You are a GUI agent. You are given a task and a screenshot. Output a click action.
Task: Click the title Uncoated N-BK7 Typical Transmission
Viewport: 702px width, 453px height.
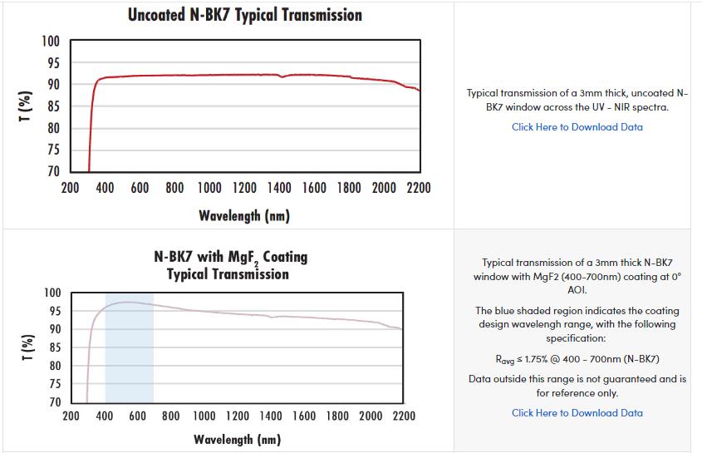click(244, 15)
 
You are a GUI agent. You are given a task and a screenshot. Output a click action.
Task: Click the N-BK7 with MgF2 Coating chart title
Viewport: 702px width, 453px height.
click(230, 264)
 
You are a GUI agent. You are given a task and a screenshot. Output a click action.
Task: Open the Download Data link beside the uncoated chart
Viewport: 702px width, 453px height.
click(577, 127)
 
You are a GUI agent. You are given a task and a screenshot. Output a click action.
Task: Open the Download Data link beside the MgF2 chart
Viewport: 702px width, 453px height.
click(577, 413)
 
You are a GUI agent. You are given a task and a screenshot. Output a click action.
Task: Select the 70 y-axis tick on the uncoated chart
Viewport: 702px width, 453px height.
click(53, 171)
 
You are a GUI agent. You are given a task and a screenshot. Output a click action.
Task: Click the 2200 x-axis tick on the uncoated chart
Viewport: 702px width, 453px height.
click(419, 188)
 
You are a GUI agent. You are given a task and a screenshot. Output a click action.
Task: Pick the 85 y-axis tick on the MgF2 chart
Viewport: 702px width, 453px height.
click(54, 347)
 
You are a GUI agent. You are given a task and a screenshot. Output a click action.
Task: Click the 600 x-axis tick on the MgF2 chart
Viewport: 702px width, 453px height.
click(138, 415)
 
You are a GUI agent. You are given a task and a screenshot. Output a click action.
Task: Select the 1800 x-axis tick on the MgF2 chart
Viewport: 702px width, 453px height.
click(337, 415)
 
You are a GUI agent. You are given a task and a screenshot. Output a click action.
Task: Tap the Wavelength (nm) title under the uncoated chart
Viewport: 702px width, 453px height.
click(243, 216)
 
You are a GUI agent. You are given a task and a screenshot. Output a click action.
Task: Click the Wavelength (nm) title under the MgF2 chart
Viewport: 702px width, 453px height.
click(237, 439)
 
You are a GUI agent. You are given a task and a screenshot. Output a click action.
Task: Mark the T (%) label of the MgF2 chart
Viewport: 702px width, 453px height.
click(24, 347)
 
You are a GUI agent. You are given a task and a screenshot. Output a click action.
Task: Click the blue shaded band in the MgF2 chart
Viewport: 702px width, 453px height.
click(129, 357)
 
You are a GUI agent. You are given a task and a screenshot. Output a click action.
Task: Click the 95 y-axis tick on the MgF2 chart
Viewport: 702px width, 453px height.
click(54, 311)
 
